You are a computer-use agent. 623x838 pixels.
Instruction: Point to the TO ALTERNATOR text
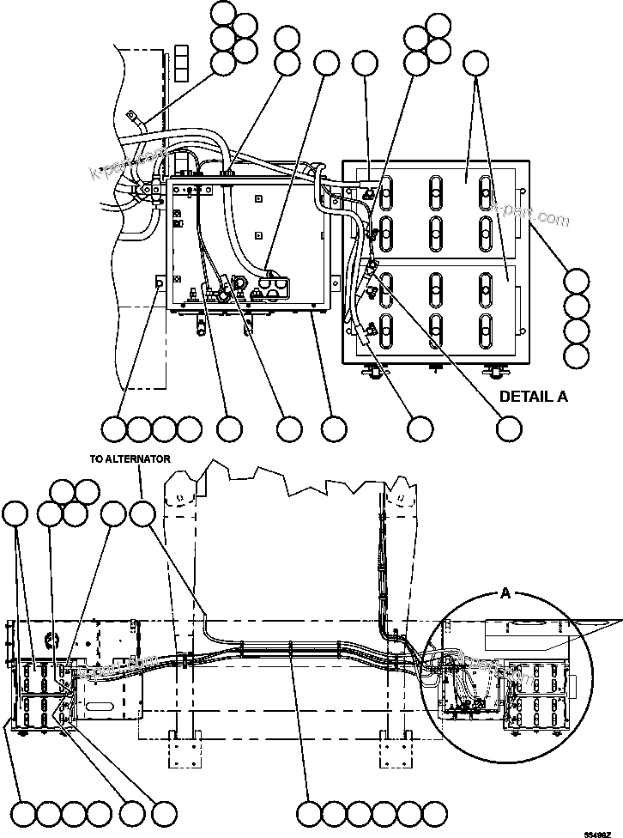tap(130, 458)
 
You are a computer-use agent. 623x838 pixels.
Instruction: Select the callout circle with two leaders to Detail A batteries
tap(475, 63)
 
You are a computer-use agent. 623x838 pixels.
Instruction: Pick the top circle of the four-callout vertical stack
tap(577, 282)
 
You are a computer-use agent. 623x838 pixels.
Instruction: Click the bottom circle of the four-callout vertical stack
tap(577, 354)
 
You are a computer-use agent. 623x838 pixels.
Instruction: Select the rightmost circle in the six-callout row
tap(436, 811)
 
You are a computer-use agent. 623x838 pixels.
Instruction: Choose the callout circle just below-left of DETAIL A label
tap(510, 428)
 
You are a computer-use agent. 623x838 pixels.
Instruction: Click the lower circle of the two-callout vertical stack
tap(287, 63)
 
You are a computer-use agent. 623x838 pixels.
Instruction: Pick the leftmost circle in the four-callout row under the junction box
tap(114, 428)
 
